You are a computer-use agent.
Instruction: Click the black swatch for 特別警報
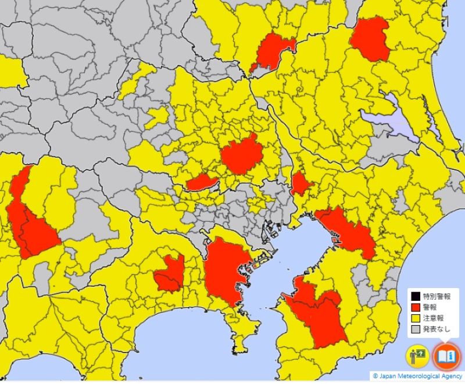pos(416,296)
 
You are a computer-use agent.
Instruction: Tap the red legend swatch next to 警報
pos(416,307)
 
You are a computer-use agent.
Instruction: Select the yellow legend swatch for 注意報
pos(416,318)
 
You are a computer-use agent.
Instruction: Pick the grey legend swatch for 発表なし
pos(416,329)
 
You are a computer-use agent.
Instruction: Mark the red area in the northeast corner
pos(370,38)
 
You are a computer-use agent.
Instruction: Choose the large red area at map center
pos(239,155)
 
